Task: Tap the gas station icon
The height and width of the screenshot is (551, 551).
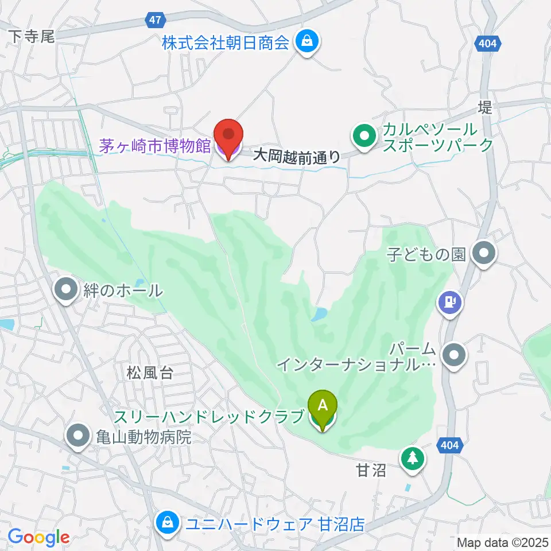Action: (x=450, y=302)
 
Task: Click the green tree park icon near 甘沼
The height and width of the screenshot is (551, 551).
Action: (x=412, y=459)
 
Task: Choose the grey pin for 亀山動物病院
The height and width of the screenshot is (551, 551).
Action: (x=78, y=437)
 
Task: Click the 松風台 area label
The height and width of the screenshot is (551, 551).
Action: (x=150, y=373)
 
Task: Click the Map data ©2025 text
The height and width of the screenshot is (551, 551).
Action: (x=503, y=542)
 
